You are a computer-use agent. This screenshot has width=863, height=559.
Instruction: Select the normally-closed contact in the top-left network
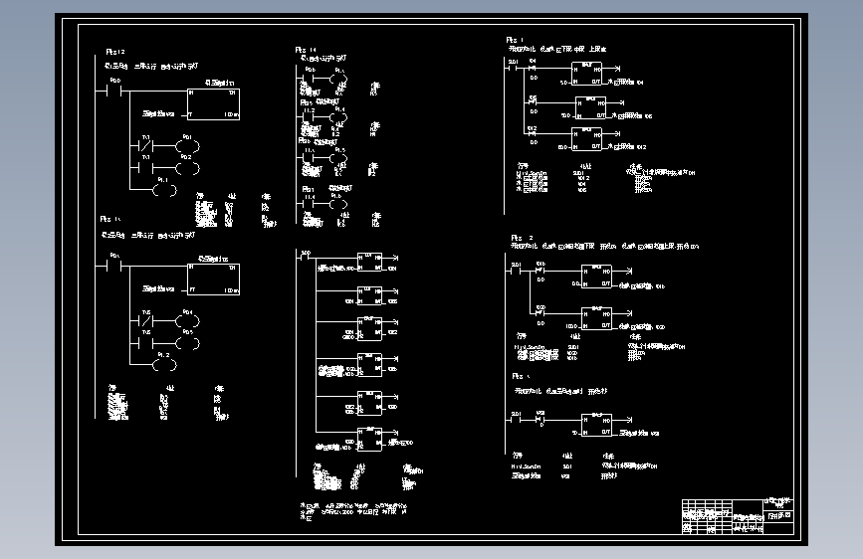pos(145,157)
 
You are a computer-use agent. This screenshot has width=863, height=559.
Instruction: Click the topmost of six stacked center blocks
pos(369,263)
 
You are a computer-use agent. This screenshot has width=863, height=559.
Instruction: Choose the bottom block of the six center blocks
pos(369,439)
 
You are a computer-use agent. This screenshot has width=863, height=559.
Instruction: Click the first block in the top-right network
pos(586,74)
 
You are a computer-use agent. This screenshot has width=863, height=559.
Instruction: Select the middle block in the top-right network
pos(586,107)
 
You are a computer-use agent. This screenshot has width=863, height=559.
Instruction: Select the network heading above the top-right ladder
pos(557,48)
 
